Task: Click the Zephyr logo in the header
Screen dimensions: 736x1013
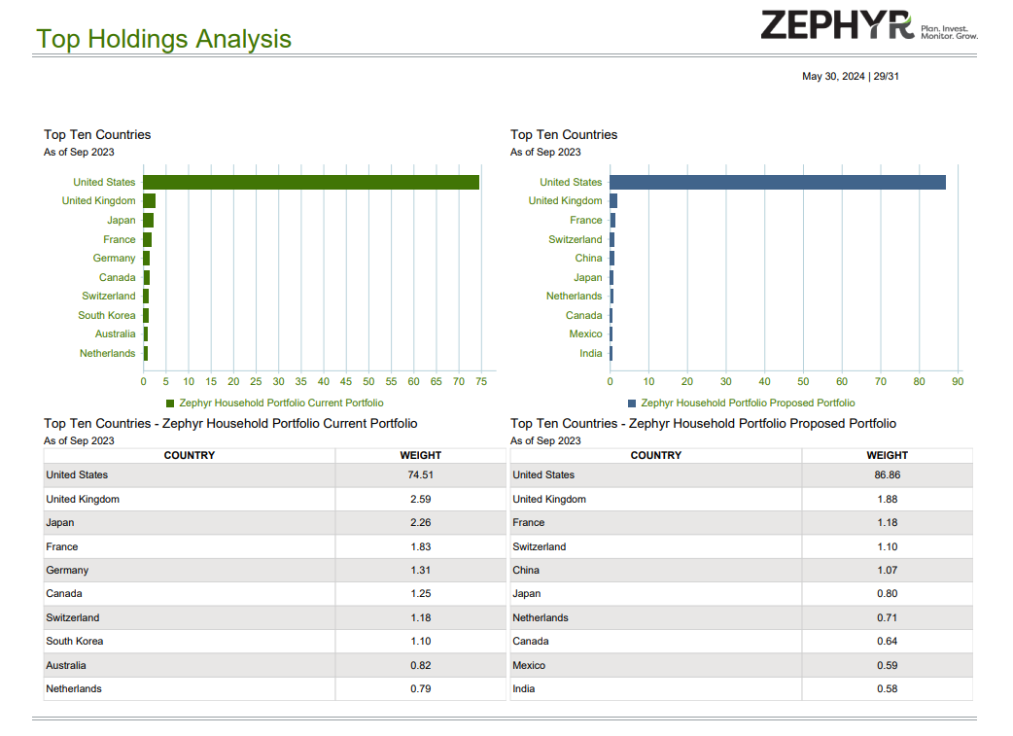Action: [868, 25]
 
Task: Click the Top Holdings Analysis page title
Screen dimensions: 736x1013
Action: [163, 39]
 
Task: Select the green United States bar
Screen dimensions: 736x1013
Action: [311, 182]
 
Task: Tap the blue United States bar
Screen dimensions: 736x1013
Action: [778, 182]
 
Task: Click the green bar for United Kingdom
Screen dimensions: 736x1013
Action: [150, 201]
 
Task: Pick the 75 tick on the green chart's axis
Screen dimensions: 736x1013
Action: [481, 382]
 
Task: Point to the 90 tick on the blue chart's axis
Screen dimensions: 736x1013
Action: [958, 382]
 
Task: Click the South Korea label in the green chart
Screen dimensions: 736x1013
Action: [107, 315]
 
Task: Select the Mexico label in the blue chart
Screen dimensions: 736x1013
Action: [585, 334]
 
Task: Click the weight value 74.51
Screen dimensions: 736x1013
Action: [420, 475]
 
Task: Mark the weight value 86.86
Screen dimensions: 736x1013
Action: [887, 475]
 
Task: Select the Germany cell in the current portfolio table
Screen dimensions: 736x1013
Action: [67, 571]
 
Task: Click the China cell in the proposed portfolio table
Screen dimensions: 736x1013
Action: [526, 571]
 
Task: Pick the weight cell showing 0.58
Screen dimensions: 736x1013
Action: [887, 689]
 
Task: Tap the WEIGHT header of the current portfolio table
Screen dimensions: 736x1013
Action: [420, 455]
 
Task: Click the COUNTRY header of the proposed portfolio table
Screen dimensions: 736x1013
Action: [656, 455]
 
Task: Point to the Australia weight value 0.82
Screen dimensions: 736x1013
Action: [420, 666]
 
